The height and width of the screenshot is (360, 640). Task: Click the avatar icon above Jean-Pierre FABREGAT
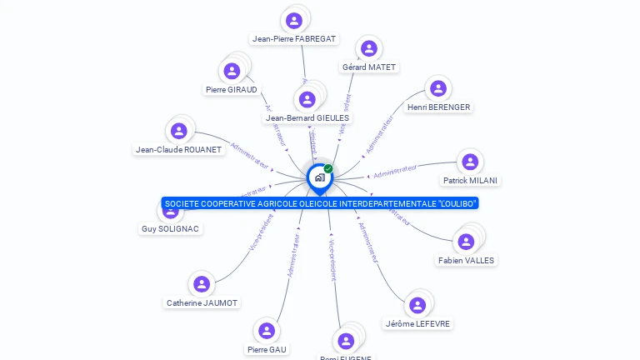[293, 20]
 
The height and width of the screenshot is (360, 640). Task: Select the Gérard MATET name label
[370, 67]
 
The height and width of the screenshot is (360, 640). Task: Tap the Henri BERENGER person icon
[437, 89]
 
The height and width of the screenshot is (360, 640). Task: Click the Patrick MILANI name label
[470, 180]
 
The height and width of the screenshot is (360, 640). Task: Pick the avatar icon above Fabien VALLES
[466, 242]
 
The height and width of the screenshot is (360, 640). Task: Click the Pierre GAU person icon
[267, 331]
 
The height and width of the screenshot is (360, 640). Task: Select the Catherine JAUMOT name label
[202, 302]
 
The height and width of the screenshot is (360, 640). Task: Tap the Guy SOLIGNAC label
[171, 228]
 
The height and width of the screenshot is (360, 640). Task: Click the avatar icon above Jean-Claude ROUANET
[178, 131]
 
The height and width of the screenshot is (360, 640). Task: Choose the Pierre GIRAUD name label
[231, 89]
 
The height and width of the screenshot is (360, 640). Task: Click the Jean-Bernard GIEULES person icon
[307, 100]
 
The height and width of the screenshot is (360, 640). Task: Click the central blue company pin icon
[318, 177]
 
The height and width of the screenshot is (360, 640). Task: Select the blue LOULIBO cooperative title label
[321, 203]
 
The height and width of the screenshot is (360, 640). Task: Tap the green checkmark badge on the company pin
[328, 168]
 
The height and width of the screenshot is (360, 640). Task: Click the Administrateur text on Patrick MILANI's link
[394, 172]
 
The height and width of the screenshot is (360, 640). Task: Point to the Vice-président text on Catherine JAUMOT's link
[261, 233]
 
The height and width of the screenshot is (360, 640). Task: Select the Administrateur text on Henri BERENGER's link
[379, 134]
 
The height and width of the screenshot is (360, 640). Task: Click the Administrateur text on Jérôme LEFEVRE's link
[367, 242]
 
